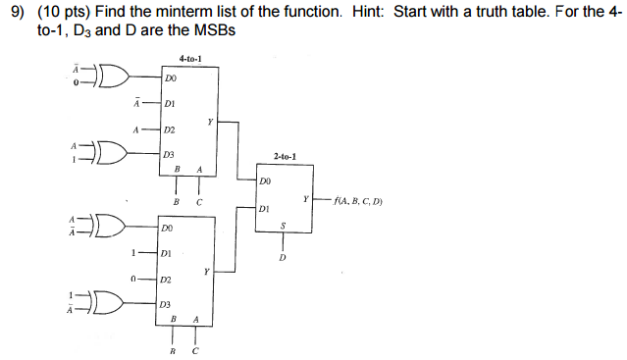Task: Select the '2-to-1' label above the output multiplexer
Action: click(x=285, y=156)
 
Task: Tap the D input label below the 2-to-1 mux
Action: click(x=283, y=258)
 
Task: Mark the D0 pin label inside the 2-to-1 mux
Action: click(x=266, y=181)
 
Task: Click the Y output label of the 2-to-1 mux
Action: click(x=306, y=199)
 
